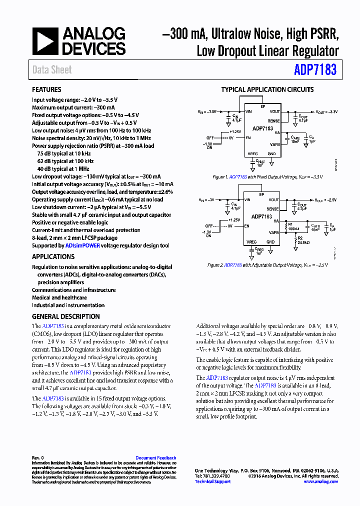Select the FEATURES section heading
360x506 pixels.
(46, 90)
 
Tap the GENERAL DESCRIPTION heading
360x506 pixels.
(66, 316)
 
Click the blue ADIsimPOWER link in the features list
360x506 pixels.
(82, 245)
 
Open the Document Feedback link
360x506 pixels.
(155, 458)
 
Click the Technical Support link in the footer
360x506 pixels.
(212, 481)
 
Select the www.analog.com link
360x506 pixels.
(320, 481)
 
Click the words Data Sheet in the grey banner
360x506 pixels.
(52, 70)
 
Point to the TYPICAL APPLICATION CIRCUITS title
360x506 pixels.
(267, 90)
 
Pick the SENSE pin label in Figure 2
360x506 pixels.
(273, 209)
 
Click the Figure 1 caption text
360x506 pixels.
(267, 177)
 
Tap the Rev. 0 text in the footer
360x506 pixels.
(38, 458)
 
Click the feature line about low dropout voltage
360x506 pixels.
(96, 176)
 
